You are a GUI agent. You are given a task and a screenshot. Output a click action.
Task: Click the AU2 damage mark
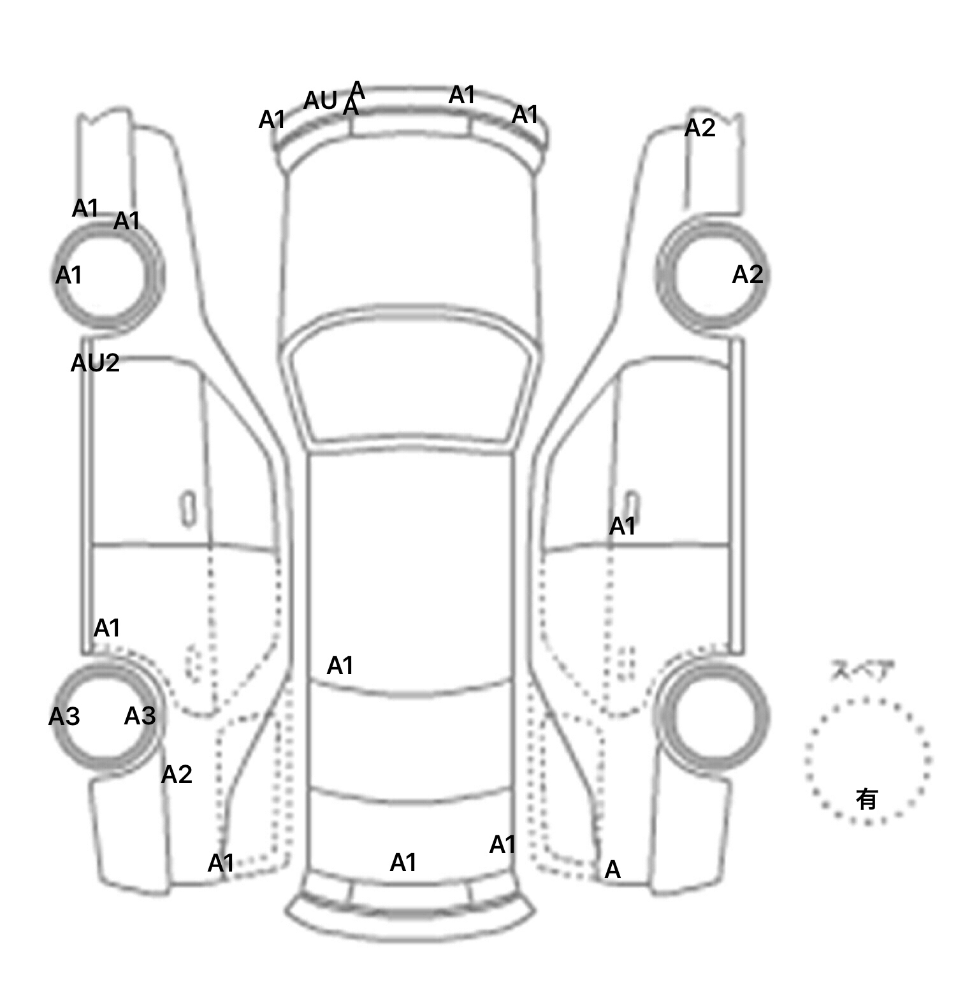(95, 363)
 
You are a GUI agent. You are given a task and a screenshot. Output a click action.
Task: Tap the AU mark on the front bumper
(320, 101)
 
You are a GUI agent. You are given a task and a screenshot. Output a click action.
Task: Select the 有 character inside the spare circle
(867, 798)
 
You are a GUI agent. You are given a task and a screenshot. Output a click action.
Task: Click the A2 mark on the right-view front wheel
(747, 275)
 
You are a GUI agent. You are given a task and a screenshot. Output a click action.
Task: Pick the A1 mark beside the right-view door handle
(622, 526)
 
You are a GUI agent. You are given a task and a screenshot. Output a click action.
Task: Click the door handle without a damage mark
(188, 508)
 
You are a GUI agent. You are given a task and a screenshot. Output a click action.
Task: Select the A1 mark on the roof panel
(340, 666)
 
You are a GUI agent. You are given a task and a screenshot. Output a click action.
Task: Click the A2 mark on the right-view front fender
(700, 128)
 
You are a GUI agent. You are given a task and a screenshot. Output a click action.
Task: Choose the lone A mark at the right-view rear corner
(613, 870)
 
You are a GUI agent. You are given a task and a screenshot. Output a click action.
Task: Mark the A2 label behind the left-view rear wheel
(177, 775)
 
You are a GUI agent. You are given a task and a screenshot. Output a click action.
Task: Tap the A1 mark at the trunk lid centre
(403, 863)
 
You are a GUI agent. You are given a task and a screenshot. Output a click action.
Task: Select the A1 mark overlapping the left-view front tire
(68, 276)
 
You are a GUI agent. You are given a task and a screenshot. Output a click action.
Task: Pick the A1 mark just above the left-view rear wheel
(106, 628)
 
